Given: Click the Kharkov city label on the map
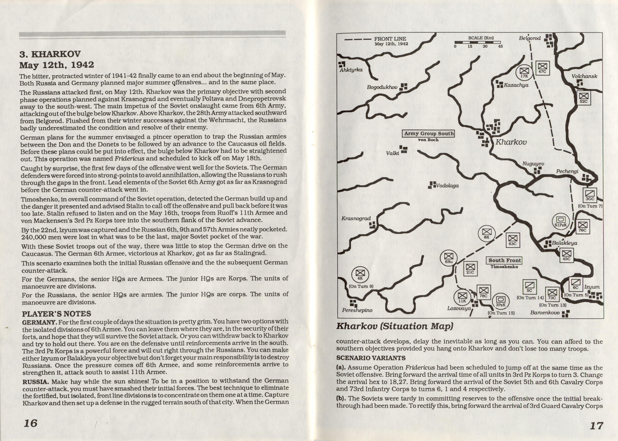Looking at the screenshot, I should coord(511,142).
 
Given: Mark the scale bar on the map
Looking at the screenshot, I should coord(477,43).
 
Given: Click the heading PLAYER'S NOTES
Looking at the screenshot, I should coord(56,314).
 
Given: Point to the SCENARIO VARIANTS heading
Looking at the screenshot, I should coord(371,358).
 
